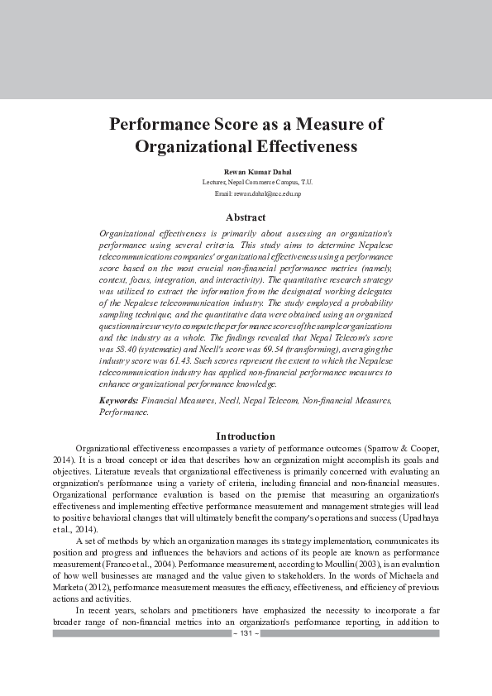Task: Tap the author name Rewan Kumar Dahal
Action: pyautogui.click(x=246, y=171)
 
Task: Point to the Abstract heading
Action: pyautogui.click(x=246, y=217)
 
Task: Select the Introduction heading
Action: pyautogui.click(x=246, y=436)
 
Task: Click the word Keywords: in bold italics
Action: pyautogui.click(x=118, y=400)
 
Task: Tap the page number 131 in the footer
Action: pyautogui.click(x=246, y=633)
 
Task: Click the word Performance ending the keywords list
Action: pyautogui.click(x=124, y=411)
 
